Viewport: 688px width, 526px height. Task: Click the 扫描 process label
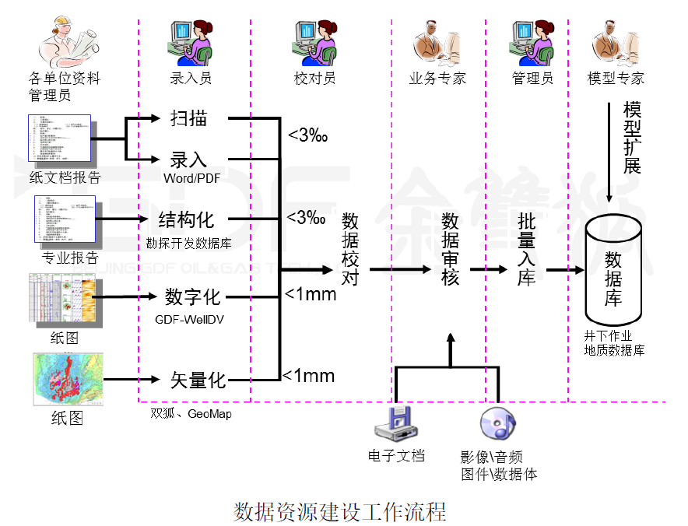(x=188, y=118)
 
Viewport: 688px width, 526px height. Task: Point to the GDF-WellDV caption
(x=190, y=319)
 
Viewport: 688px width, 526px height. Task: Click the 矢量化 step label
(x=198, y=380)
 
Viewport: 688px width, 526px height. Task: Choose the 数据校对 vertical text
(x=350, y=249)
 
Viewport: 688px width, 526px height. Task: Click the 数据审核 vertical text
(x=450, y=249)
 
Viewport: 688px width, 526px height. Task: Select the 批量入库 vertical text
(x=527, y=249)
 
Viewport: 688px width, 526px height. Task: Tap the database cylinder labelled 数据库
(x=613, y=268)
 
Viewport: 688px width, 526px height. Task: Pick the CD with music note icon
(x=498, y=425)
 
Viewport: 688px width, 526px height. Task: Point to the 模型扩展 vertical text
(x=632, y=137)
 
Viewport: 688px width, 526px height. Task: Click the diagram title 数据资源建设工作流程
(x=340, y=512)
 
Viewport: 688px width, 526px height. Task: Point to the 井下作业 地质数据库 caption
(x=614, y=343)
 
